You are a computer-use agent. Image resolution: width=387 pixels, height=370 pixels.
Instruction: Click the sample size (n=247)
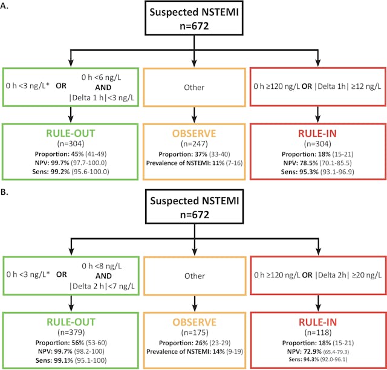193,144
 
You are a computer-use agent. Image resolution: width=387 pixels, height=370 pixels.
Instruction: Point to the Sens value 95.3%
309,172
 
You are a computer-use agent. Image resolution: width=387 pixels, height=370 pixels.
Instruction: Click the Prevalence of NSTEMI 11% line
193,163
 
